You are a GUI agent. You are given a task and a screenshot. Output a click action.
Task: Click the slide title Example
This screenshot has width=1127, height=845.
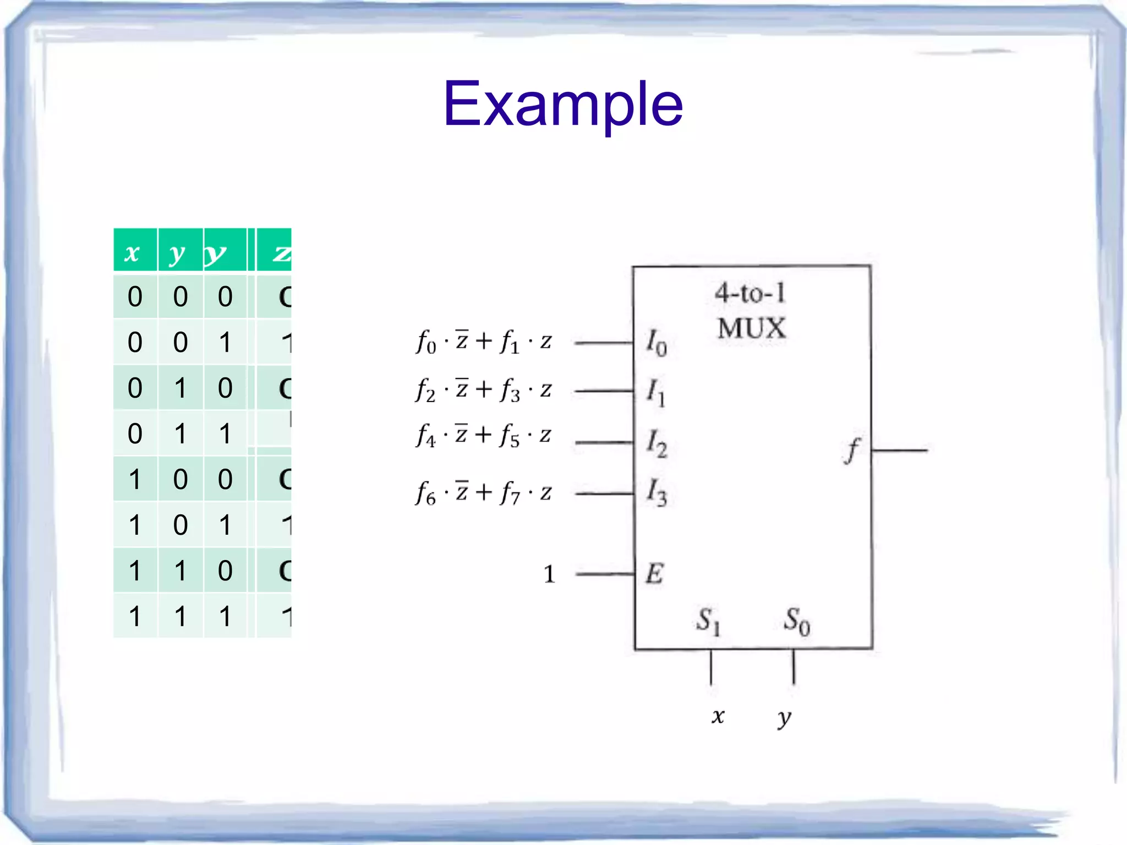[563, 103]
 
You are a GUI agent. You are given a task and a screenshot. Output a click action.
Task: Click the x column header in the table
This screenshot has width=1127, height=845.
[132, 253]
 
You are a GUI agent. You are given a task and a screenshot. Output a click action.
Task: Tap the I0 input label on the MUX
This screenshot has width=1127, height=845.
[656, 342]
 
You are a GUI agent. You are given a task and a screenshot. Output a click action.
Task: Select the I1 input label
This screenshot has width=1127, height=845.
[655, 392]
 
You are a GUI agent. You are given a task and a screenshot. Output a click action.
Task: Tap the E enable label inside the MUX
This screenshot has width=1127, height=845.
[655, 574]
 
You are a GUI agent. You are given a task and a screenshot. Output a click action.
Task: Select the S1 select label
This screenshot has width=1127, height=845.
[708, 621]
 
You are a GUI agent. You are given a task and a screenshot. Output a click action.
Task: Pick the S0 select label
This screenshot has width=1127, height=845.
[796, 621]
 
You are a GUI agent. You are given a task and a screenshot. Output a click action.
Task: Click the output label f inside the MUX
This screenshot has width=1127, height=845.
[852, 450]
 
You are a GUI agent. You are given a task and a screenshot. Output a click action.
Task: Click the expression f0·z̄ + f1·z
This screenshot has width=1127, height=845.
[484, 342]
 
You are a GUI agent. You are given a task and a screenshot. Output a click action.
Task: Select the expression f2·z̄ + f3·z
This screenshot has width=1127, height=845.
[484, 390]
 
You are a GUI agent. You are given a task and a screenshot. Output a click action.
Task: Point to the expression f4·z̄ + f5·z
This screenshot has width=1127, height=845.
[484, 436]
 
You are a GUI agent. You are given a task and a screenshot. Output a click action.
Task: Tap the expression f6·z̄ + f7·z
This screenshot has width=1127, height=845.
[484, 492]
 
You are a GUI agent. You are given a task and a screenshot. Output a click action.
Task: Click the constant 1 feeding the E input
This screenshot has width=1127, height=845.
[549, 574]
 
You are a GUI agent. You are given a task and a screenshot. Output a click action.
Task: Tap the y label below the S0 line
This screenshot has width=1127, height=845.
[784, 717]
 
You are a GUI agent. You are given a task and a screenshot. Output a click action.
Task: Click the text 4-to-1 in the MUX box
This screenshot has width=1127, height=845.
[751, 293]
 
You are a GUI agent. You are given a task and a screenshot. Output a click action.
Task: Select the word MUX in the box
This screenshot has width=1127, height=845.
[752, 328]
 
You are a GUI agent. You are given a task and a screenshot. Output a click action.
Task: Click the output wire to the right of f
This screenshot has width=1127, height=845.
[899, 450]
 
